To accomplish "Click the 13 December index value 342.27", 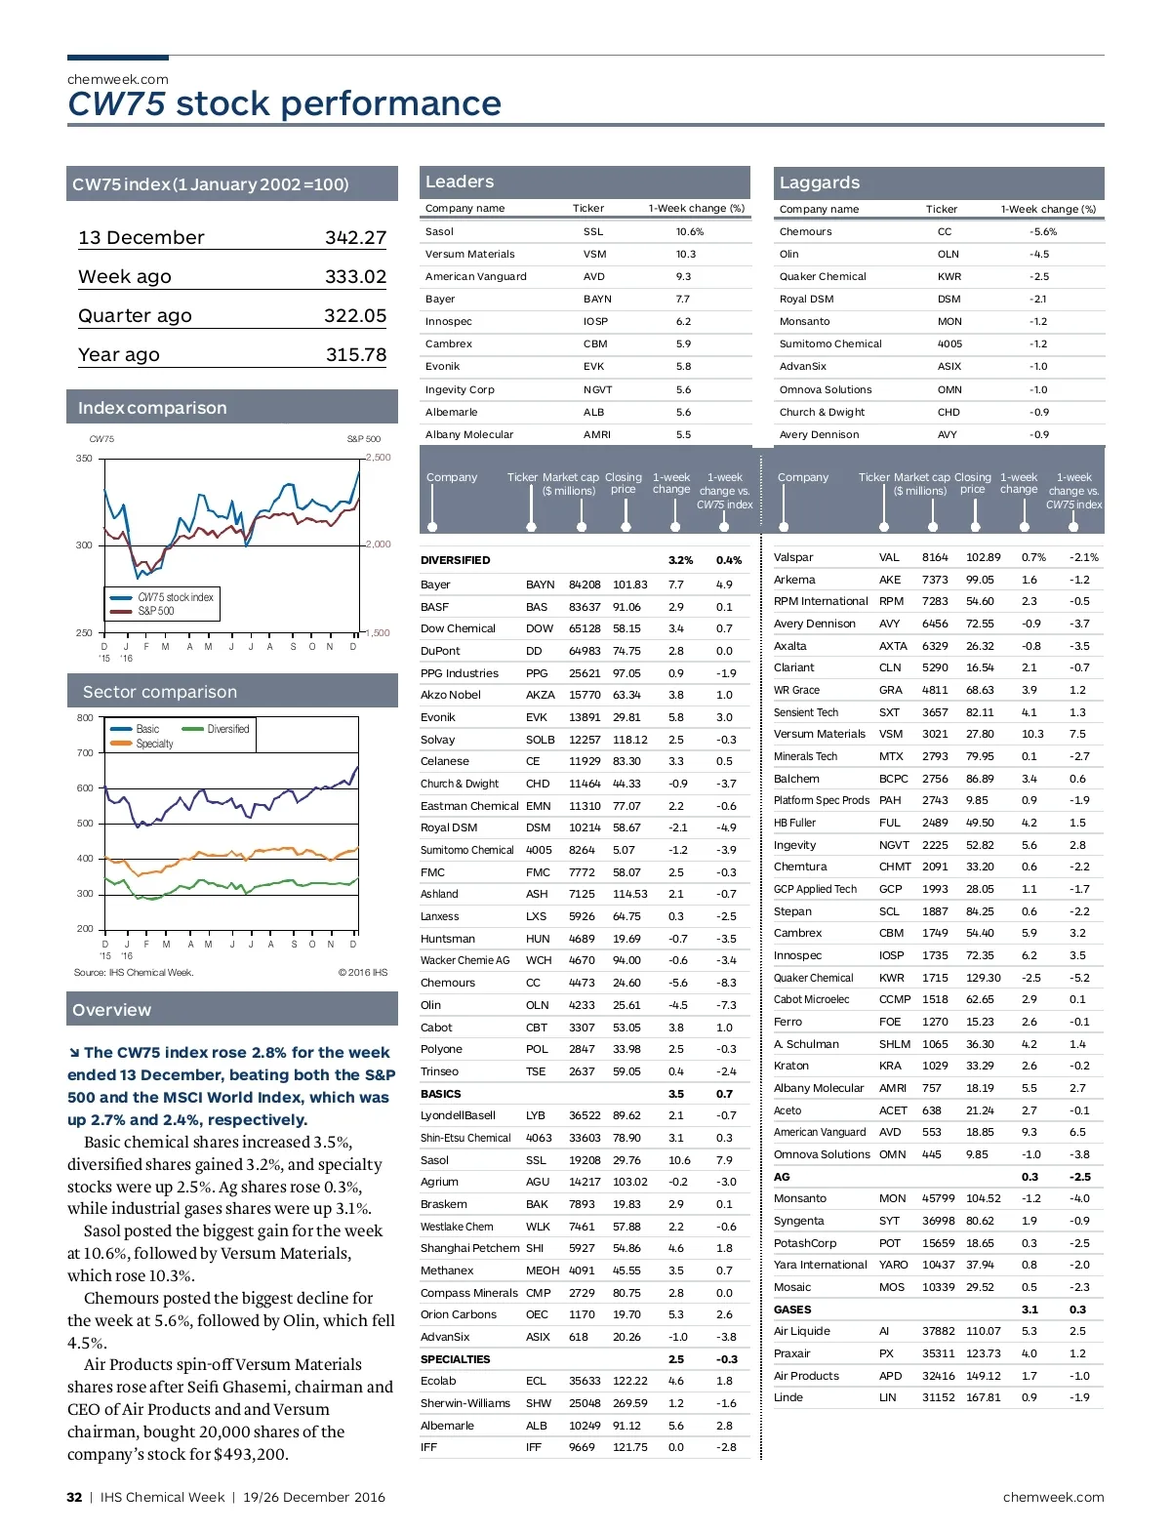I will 355,238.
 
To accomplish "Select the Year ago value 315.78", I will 355,355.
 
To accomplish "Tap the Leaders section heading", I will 460,182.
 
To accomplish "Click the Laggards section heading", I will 820,183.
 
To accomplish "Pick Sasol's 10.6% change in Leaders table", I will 690,232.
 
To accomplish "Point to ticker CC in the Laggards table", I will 944,232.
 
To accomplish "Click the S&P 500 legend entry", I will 155,612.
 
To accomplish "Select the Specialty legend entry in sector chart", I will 154,744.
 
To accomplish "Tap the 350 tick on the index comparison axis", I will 85,459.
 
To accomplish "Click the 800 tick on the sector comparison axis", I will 85,718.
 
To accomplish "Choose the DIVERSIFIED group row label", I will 455,561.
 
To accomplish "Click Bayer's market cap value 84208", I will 585,585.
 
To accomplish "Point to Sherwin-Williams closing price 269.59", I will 629,1404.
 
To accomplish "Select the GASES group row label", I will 792,1310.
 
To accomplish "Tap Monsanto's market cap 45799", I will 938,1199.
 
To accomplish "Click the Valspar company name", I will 793,558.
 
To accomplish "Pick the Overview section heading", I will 112,1011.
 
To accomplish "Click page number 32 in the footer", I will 74,1498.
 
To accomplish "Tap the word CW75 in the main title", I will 117,104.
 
